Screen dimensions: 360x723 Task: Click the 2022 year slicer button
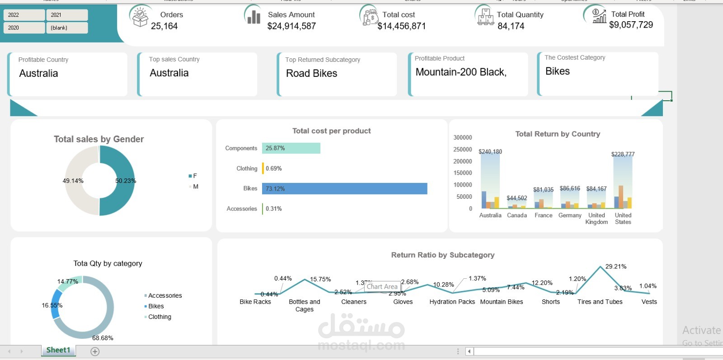23,15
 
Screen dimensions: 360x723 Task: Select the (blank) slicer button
66,28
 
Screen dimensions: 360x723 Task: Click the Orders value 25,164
164,26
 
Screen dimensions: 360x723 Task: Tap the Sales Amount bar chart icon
254,16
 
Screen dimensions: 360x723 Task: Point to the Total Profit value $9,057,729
631,25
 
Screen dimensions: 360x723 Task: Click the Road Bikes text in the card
311,73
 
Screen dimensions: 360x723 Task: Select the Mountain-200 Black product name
460,72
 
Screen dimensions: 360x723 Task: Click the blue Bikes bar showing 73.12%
344,189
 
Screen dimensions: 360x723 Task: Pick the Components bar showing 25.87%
291,148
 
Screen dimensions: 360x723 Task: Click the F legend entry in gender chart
193,176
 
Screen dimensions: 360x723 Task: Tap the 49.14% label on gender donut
73,181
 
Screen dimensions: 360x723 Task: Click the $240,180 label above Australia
490,152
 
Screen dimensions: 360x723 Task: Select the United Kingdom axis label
596,219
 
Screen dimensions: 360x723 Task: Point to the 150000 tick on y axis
463,173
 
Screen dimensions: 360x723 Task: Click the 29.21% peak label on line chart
615,266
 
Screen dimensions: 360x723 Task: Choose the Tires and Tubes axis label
600,302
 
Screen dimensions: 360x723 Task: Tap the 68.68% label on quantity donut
103,338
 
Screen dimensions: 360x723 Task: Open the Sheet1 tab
58,350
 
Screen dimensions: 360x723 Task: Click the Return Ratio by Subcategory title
442,255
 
